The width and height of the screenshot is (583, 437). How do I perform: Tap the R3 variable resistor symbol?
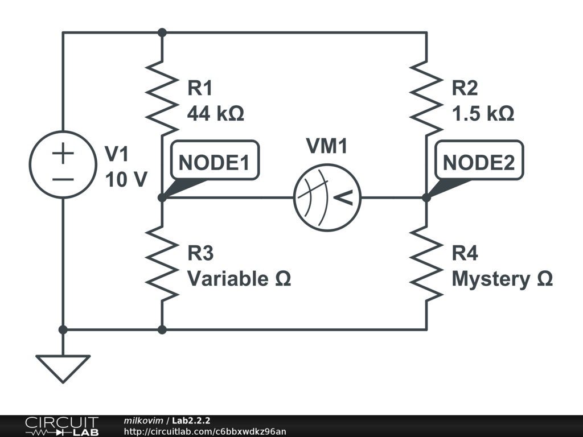pos(162,263)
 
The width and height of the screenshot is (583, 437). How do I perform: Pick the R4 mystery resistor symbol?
pos(427,263)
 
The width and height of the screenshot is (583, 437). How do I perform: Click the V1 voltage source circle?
pos(63,164)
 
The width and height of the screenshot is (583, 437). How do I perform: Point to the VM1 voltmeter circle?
pos(327,198)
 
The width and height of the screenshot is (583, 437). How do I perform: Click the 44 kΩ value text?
pos(216,113)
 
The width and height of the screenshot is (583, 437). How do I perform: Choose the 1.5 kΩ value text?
pos(483,113)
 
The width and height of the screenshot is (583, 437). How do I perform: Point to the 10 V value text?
pos(126,180)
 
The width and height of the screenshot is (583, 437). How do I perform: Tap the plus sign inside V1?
pos(63,154)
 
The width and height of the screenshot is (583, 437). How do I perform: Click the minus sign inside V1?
pos(63,179)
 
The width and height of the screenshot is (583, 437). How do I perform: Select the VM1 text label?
pos(327,147)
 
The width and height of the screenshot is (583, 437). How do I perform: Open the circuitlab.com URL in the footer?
pos(205,432)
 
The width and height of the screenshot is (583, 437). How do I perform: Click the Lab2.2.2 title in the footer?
pos(191,420)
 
